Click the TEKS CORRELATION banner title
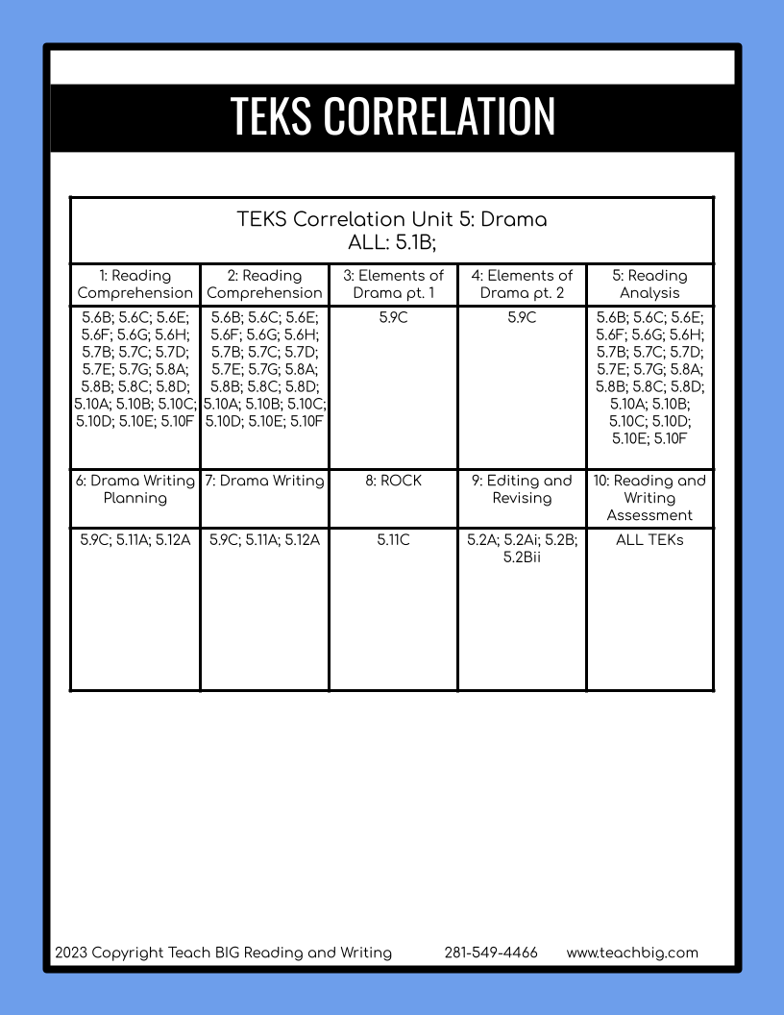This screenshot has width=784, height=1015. [392, 116]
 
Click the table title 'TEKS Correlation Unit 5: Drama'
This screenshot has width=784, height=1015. [392, 219]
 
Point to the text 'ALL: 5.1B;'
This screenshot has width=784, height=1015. [392, 242]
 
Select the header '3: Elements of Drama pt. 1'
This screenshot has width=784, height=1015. [393, 285]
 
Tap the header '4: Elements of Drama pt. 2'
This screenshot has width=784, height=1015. [522, 285]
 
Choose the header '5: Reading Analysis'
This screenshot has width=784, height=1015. [649, 285]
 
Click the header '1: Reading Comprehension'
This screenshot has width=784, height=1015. [135, 285]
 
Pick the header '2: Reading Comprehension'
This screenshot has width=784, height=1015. [264, 285]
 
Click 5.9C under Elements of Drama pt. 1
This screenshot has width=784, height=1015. [393, 318]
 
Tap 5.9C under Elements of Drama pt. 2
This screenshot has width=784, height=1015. [522, 318]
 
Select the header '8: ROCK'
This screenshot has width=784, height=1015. [393, 481]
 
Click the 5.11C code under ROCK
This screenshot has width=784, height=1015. [393, 541]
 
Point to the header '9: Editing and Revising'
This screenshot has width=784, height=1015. [522, 489]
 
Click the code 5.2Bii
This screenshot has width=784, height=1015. [522, 558]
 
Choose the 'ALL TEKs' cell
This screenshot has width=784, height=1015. [649, 541]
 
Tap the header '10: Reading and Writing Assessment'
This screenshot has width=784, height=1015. [649, 498]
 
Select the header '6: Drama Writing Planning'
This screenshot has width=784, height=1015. [135, 489]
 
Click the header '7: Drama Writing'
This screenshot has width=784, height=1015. [264, 481]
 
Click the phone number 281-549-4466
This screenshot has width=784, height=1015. [491, 953]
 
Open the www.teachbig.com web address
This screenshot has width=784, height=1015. [632, 953]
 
